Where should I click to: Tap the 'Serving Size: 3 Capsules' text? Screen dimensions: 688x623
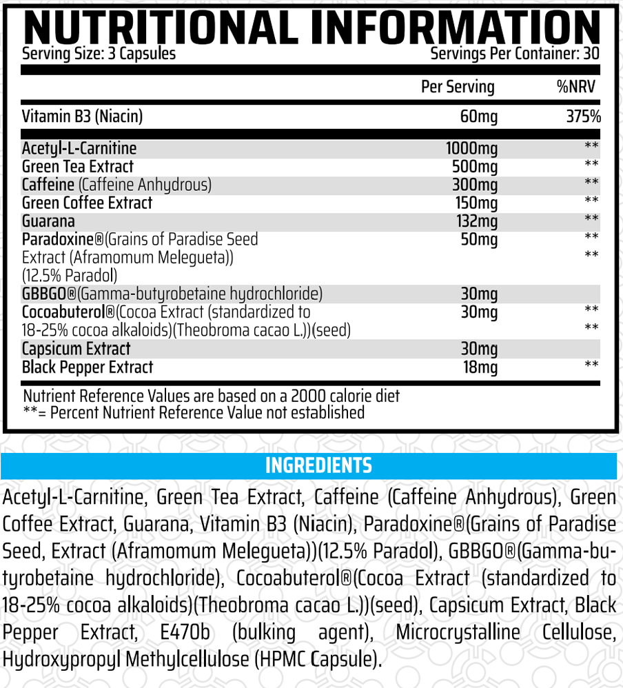99,53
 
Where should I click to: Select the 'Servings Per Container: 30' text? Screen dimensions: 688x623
515,53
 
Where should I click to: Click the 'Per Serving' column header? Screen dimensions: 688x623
458,87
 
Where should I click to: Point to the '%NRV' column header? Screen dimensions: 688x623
575,87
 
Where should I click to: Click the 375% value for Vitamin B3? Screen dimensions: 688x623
583,117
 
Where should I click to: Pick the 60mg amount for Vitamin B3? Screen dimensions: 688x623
478,117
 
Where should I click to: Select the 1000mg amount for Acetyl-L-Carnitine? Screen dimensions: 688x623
472,148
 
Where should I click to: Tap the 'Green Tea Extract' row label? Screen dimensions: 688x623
78,166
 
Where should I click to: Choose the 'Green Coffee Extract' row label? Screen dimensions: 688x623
87,203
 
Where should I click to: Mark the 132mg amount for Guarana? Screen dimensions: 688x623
476,221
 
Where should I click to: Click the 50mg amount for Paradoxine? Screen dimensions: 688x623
478,239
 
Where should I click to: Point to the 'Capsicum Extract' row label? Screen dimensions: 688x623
76,349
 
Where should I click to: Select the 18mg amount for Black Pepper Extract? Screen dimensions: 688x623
480,367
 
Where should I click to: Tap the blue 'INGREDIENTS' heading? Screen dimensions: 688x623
318,465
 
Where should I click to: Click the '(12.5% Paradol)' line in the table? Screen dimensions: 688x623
69,276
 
